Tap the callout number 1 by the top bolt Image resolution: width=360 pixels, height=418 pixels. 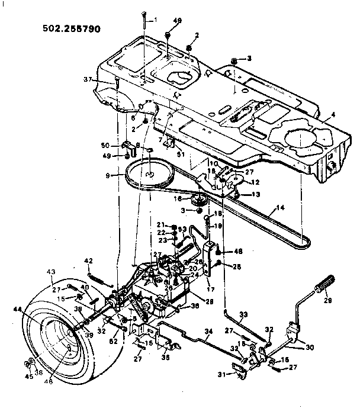156,20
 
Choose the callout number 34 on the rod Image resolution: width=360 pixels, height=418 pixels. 208,331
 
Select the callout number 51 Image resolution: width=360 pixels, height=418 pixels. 181,155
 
